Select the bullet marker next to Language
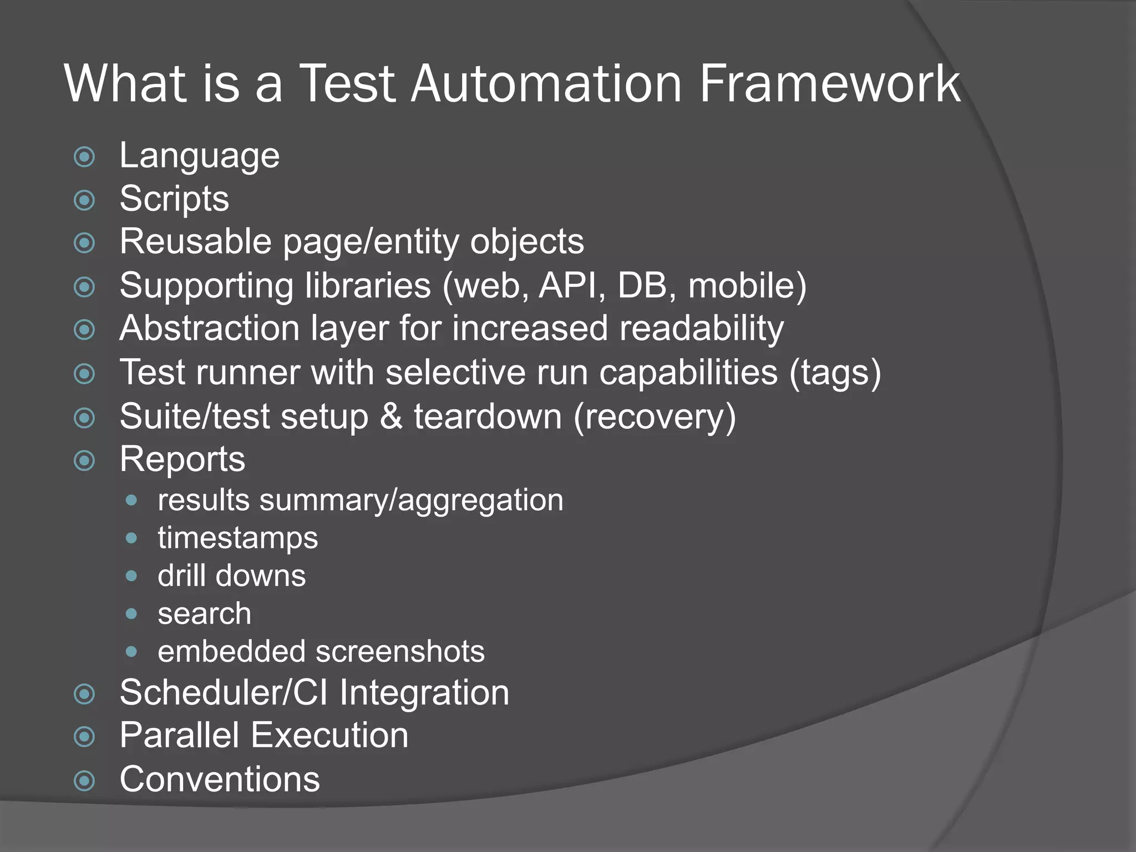[x=84, y=157]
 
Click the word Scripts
[x=174, y=199]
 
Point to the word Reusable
[x=195, y=242]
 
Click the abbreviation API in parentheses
[x=571, y=285]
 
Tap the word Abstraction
[x=210, y=328]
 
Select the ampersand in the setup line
[x=391, y=416]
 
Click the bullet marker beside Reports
[x=84, y=460]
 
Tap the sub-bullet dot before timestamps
[x=131, y=538]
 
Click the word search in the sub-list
[x=204, y=613]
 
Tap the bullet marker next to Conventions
[x=84, y=781]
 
